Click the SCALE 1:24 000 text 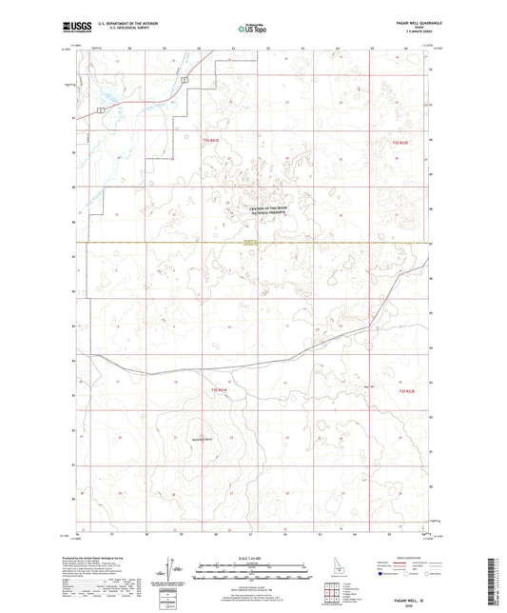coord(253,557)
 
